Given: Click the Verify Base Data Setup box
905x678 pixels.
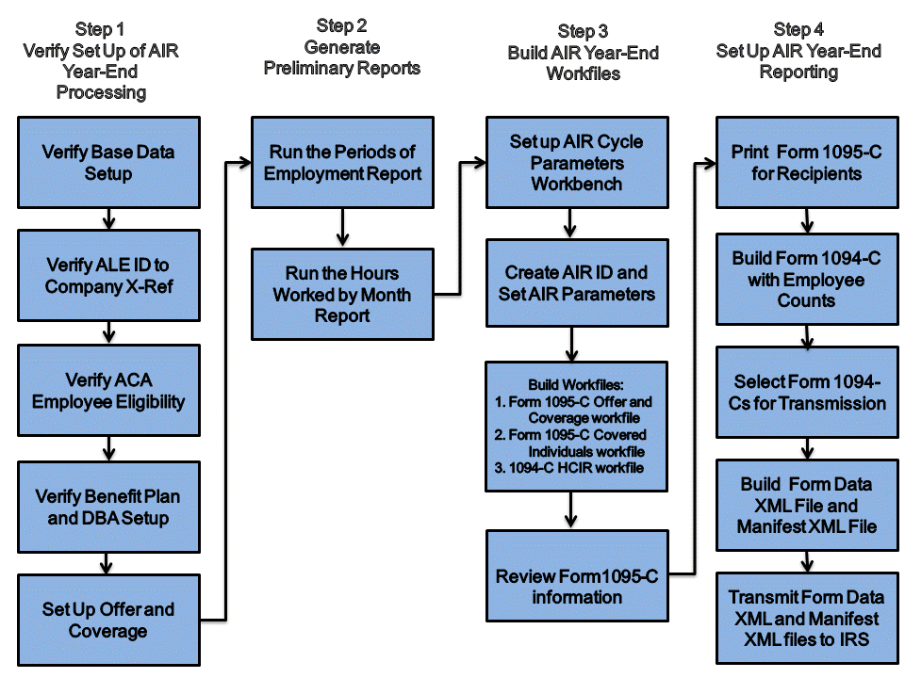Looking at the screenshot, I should tap(107, 162).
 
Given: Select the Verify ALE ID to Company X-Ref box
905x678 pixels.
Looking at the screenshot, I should tap(107, 276).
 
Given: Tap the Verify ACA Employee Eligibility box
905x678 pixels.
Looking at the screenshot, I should tap(107, 391).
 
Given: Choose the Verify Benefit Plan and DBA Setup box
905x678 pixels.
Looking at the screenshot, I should tap(107, 507).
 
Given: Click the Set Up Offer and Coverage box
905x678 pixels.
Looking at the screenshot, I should tap(107, 620).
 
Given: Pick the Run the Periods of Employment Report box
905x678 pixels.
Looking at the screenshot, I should tap(342, 162).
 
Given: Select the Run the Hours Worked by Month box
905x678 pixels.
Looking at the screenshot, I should tap(342, 294).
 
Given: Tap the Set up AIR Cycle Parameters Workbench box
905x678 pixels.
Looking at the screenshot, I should tap(576, 162).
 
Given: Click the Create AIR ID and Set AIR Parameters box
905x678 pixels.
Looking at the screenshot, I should tap(576, 282).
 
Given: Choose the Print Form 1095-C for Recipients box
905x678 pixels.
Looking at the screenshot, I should tap(807, 162).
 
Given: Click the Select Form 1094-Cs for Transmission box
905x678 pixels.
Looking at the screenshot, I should tap(807, 392).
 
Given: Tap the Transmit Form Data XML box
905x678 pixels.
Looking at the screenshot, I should tap(807, 618).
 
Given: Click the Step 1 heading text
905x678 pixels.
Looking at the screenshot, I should tap(100, 30).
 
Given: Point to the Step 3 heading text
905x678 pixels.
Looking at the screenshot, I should tap(584, 31).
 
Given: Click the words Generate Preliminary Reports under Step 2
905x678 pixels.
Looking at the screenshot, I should tap(342, 57).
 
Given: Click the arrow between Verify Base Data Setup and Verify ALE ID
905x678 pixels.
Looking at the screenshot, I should tap(107, 218).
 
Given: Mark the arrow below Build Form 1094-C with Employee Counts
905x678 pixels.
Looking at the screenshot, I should tap(807, 335).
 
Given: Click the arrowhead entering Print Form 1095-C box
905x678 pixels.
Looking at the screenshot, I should tap(709, 162).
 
